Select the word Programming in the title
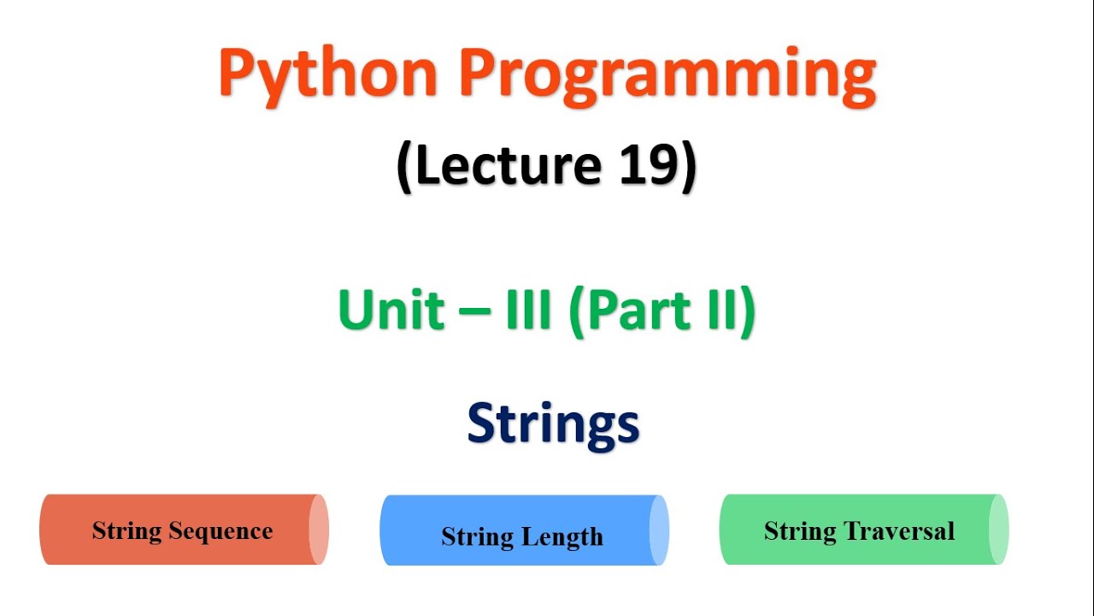click(668, 75)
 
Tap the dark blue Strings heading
click(553, 424)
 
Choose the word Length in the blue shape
click(562, 537)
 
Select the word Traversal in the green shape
click(899, 531)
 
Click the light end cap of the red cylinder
click(318, 530)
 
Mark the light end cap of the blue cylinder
click(658, 530)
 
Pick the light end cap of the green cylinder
click(998, 530)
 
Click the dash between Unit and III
click(468, 311)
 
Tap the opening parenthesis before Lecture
click(405, 167)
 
